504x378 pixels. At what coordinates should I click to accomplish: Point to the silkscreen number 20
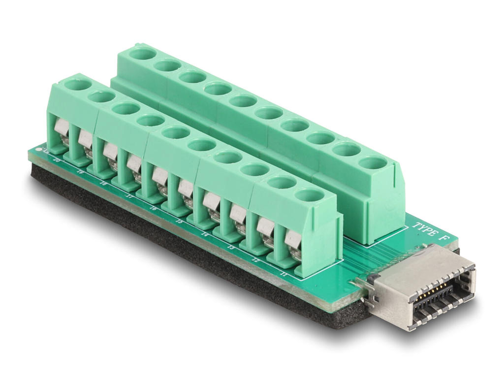[x=56, y=160]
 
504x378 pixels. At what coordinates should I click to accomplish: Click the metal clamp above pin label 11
[x=292, y=240]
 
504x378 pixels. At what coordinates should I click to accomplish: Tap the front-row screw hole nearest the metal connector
[x=309, y=195]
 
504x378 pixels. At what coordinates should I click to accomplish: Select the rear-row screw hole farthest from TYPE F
[x=142, y=53]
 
